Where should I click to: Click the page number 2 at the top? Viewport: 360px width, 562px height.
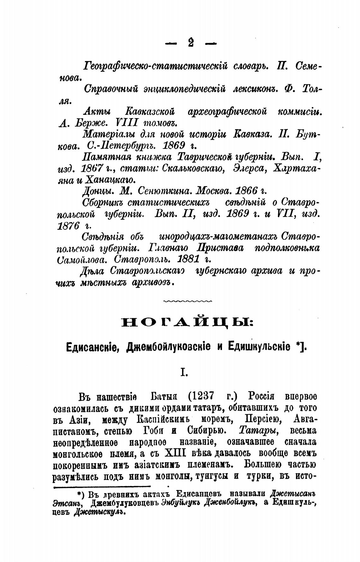pos(190,42)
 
